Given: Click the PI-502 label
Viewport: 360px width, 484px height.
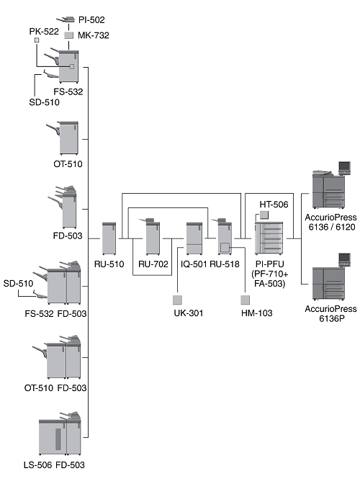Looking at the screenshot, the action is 91,19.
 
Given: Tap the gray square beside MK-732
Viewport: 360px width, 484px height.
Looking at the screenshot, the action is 69,35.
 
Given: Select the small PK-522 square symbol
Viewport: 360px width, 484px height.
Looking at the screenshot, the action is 37,40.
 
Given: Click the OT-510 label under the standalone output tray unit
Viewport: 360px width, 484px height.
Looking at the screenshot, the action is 68,164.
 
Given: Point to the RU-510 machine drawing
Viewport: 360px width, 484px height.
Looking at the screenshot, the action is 109,238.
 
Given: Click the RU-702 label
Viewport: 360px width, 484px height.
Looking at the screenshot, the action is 153,264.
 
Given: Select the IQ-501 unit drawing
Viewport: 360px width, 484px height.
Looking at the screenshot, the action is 194,238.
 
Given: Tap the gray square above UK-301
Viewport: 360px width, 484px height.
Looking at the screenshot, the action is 177,300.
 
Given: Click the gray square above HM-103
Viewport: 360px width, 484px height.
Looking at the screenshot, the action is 246,300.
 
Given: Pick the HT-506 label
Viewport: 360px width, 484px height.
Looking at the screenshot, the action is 274,205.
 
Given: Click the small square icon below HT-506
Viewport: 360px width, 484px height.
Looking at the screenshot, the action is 264,215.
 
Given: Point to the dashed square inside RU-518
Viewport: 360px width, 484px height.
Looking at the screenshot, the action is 225,247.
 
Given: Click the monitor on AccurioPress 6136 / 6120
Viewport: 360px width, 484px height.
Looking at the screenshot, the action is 345,167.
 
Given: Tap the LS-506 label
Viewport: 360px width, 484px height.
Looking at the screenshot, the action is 37,465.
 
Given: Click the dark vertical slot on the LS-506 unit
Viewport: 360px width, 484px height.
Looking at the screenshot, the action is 58,439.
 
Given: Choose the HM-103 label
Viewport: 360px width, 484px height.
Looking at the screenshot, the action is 256,313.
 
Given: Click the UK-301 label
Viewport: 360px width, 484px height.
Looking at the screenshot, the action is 189,313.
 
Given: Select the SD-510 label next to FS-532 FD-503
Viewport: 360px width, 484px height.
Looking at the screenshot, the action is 18,283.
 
